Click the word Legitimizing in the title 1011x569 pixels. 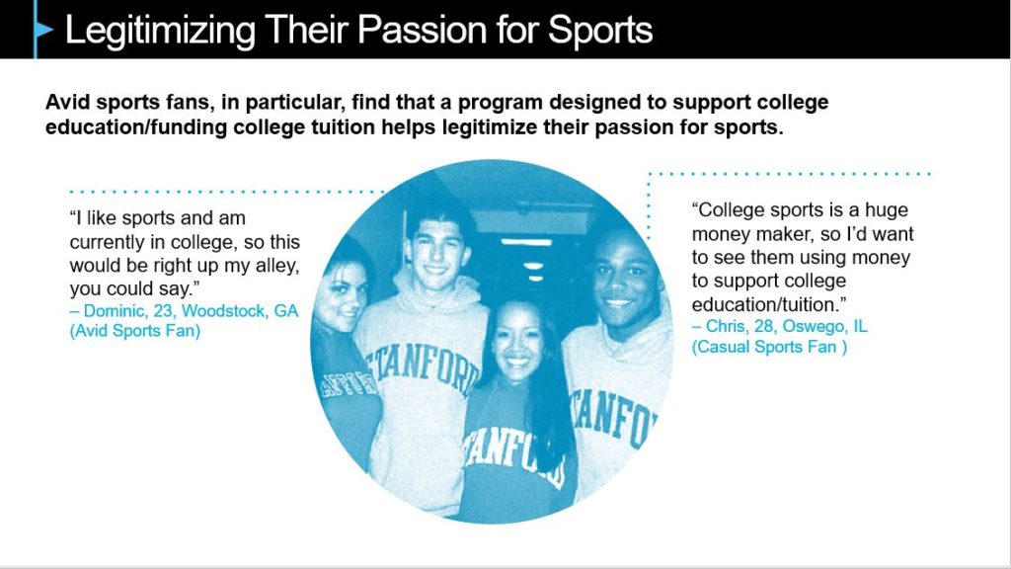[x=160, y=31]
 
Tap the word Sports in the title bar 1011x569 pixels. [x=600, y=31]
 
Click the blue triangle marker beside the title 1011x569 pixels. [x=43, y=30]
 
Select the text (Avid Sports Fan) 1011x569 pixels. [x=134, y=331]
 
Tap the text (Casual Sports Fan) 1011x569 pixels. [x=769, y=347]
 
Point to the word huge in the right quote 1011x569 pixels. [x=886, y=210]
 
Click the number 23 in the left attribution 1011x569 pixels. [x=163, y=311]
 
